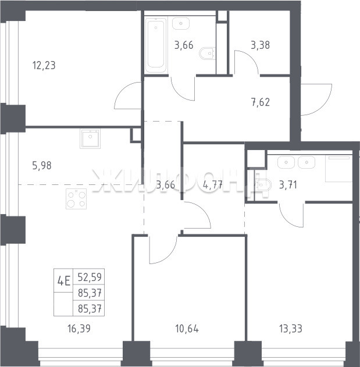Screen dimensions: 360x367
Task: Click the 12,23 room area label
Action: [44, 65]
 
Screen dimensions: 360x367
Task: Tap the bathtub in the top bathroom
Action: [156, 45]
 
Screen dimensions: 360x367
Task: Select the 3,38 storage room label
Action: [261, 45]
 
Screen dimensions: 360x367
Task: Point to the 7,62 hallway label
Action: [261, 102]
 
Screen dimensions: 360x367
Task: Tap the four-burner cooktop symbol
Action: [76, 199]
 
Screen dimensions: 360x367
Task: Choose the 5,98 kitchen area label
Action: [42, 166]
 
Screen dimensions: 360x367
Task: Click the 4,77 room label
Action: [213, 185]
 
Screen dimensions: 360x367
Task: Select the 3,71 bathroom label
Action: [288, 185]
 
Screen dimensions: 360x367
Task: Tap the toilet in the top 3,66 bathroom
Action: [208, 54]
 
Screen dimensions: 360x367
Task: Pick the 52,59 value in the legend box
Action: [90, 277]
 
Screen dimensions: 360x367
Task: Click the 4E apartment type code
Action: [64, 281]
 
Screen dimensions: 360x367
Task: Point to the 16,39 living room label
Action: [79, 329]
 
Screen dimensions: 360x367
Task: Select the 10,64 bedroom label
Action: [187, 329]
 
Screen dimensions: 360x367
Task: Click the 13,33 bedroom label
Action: [291, 329]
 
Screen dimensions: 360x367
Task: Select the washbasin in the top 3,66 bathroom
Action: [181, 23]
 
